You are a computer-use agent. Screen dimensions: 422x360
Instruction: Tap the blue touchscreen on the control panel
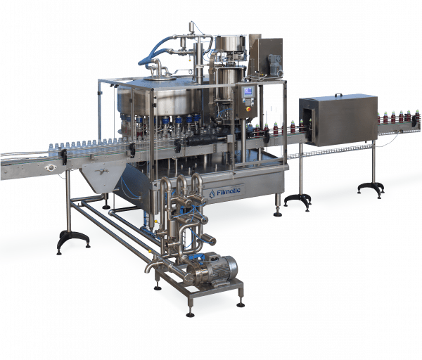click(x=248, y=91)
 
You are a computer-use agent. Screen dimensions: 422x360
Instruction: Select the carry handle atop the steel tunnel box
click(x=338, y=95)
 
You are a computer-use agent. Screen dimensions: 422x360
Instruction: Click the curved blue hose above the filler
click(x=153, y=51)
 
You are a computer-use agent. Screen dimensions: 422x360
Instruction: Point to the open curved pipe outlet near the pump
click(x=149, y=267)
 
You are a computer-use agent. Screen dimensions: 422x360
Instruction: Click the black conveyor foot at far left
click(x=73, y=240)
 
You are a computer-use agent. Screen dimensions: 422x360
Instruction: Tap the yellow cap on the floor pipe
click(x=151, y=252)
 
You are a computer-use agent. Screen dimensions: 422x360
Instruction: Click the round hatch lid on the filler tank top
click(x=160, y=78)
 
